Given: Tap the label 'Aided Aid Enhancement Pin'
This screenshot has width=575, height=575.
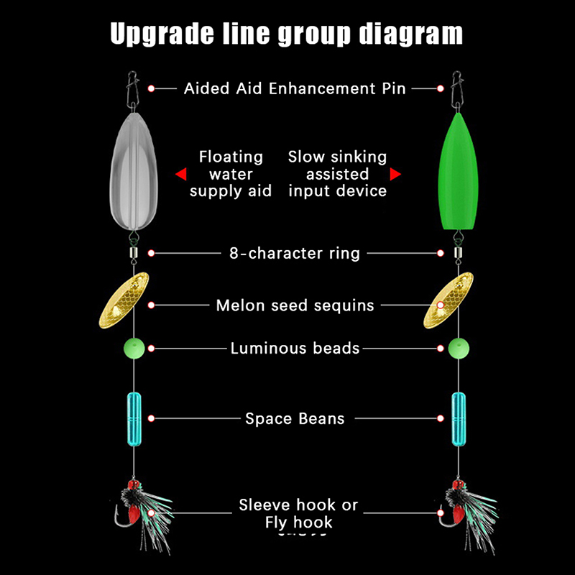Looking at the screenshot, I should pyautogui.click(x=295, y=88).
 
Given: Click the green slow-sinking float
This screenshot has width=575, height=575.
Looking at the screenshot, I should pyautogui.click(x=454, y=172).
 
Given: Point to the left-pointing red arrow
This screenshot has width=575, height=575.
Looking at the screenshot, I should pyautogui.click(x=180, y=174).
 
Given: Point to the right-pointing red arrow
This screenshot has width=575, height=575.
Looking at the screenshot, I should pyautogui.click(x=395, y=174).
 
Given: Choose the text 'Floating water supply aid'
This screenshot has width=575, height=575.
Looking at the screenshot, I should pyautogui.click(x=231, y=174).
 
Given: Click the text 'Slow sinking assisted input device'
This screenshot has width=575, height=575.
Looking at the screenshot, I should pyautogui.click(x=337, y=174).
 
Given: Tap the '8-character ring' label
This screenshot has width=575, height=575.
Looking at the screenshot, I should pyautogui.click(x=295, y=253).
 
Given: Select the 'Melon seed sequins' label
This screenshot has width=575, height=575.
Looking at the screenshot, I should pyautogui.click(x=295, y=305).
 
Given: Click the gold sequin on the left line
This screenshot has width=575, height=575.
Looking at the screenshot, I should pyautogui.click(x=124, y=297).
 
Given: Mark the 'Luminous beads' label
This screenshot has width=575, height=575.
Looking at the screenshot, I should pyautogui.click(x=295, y=349).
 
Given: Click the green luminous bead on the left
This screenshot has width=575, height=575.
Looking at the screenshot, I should pyautogui.click(x=134, y=349).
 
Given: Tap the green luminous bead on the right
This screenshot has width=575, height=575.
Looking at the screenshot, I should pyautogui.click(x=458, y=349).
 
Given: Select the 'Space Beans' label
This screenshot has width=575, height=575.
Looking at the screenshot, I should pyautogui.click(x=295, y=418).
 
